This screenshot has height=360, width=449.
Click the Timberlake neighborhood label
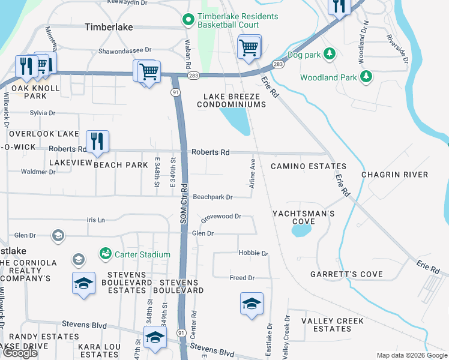[109, 27]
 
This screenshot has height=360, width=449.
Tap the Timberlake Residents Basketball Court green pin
[188, 20]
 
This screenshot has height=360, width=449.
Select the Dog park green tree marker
[329, 55]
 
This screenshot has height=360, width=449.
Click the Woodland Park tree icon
[366, 77]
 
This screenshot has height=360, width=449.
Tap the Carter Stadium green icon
[106, 254]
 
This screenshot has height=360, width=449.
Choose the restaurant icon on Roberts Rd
[97, 142]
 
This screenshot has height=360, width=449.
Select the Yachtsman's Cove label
[303, 217]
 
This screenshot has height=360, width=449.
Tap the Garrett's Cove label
[346, 274]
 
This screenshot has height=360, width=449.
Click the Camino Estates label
[309, 166]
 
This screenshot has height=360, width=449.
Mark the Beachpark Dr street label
[212, 197]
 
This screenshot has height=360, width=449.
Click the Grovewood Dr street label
[221, 217]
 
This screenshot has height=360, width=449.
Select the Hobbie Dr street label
[253, 253]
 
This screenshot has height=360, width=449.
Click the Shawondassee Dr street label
[125, 51]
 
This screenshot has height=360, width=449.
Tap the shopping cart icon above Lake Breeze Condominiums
[249, 47]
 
